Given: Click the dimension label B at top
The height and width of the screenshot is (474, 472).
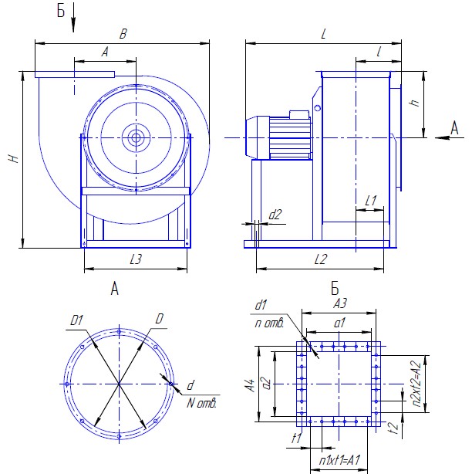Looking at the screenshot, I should pyautogui.click(x=122, y=33).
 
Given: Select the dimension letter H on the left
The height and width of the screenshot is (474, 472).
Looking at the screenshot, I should pyautogui.click(x=12, y=159).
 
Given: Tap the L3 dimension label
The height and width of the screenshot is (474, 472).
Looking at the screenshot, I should pyautogui.click(x=136, y=260).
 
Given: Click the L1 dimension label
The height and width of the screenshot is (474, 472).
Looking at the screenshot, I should pyautogui.click(x=369, y=201).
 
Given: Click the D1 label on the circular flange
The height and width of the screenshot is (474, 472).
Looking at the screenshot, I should pyautogui.click(x=76, y=319).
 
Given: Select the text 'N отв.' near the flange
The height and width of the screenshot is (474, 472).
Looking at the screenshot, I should pyautogui.click(x=204, y=402).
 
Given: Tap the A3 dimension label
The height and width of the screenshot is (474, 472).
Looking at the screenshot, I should pyautogui.click(x=340, y=303).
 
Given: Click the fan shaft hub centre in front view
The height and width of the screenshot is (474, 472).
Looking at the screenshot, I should pyautogui.click(x=137, y=138).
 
